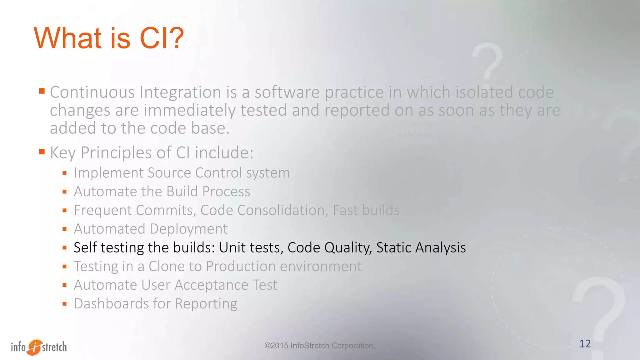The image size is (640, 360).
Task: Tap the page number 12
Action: [x=585, y=344]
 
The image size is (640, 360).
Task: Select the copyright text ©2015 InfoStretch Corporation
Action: [x=319, y=346]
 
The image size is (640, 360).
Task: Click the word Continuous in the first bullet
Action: [x=92, y=92]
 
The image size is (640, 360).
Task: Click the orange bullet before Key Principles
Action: [x=42, y=152]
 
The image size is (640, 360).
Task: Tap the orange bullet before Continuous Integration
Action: [x=42, y=91]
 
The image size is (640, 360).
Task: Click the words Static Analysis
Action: [x=421, y=247]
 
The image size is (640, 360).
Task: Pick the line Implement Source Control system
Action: [x=182, y=173]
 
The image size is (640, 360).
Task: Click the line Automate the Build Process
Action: [x=162, y=192]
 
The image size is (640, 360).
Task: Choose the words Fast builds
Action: [x=366, y=210]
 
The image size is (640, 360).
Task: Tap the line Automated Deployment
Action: [x=151, y=229]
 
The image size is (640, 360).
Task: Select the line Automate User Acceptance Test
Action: [x=176, y=285]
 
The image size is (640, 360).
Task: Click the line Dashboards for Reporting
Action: [x=155, y=304]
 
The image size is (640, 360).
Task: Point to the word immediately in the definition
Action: [x=189, y=111]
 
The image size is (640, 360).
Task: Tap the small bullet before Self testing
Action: [x=65, y=248]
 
